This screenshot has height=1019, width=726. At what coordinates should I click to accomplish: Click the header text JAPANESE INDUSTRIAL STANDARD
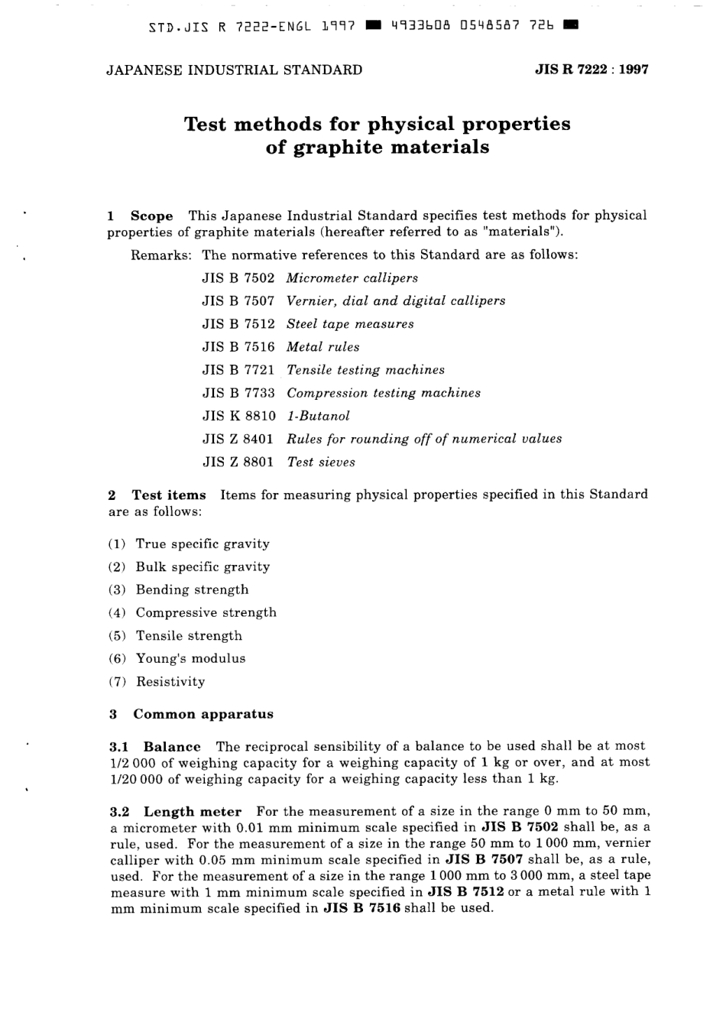point(234,70)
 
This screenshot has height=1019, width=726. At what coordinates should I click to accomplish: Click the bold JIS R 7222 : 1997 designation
point(591,70)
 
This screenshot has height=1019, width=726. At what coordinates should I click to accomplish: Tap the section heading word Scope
point(151,216)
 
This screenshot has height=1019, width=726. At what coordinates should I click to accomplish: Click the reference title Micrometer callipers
point(352,278)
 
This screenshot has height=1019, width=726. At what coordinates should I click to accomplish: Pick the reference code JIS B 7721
point(238,370)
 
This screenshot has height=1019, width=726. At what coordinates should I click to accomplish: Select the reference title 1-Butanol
point(318,416)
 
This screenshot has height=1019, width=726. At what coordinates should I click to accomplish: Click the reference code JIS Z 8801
point(238,462)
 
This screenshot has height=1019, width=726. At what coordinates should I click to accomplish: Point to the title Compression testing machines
point(384,393)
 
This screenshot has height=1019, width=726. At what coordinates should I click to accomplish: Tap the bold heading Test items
point(169,495)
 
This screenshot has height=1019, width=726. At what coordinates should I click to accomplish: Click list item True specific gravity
point(203,544)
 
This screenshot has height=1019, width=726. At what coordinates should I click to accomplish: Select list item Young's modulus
point(191,659)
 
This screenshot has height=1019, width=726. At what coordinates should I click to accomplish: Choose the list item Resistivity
point(170,682)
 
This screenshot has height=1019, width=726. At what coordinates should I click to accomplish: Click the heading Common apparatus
point(203,715)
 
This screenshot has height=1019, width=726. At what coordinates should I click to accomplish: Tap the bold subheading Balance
point(172,747)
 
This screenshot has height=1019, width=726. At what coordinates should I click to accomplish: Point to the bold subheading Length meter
point(193,812)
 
